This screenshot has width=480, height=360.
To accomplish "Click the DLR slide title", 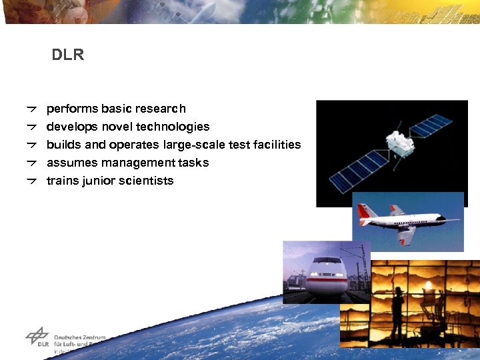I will pos(68,55).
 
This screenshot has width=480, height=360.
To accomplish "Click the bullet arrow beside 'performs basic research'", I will pos(31,108).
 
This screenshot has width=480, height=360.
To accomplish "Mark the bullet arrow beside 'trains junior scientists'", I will pos(31,180).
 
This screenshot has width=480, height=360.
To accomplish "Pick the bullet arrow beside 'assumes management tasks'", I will pos(31,162).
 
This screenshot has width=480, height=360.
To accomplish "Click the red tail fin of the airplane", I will pos(363,212).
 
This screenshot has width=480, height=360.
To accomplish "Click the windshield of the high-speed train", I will pos(328,264).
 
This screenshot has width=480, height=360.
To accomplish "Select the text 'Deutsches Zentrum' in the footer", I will pos(79,337).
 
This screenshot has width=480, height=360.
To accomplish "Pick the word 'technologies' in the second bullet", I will pos(178,127).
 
